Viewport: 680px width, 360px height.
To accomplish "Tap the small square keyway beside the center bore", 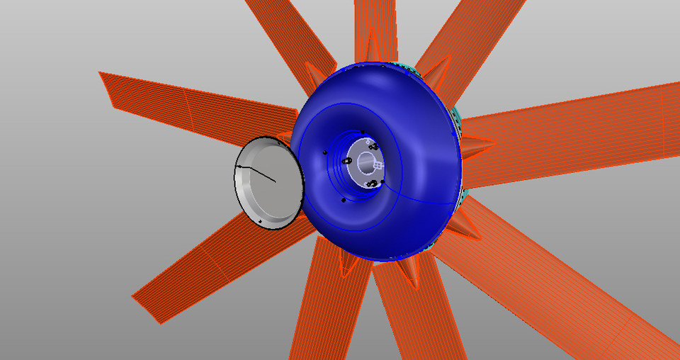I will point(378,166).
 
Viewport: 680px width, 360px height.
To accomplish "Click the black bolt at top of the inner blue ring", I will point(362,133).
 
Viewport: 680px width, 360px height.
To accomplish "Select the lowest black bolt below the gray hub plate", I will point(344,201).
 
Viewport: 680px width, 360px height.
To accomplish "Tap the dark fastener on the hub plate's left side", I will point(348,160).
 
